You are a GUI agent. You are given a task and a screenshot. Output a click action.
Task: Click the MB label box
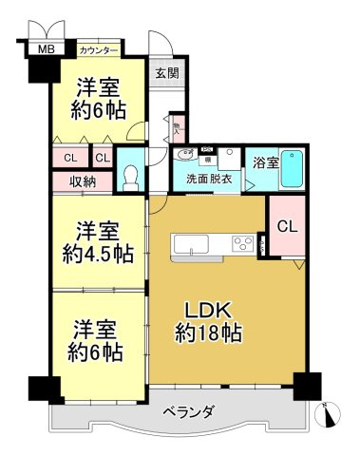(44, 49)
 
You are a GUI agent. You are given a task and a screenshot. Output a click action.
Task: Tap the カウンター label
(99, 49)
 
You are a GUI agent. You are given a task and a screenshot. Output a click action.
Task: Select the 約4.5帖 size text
(99, 254)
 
